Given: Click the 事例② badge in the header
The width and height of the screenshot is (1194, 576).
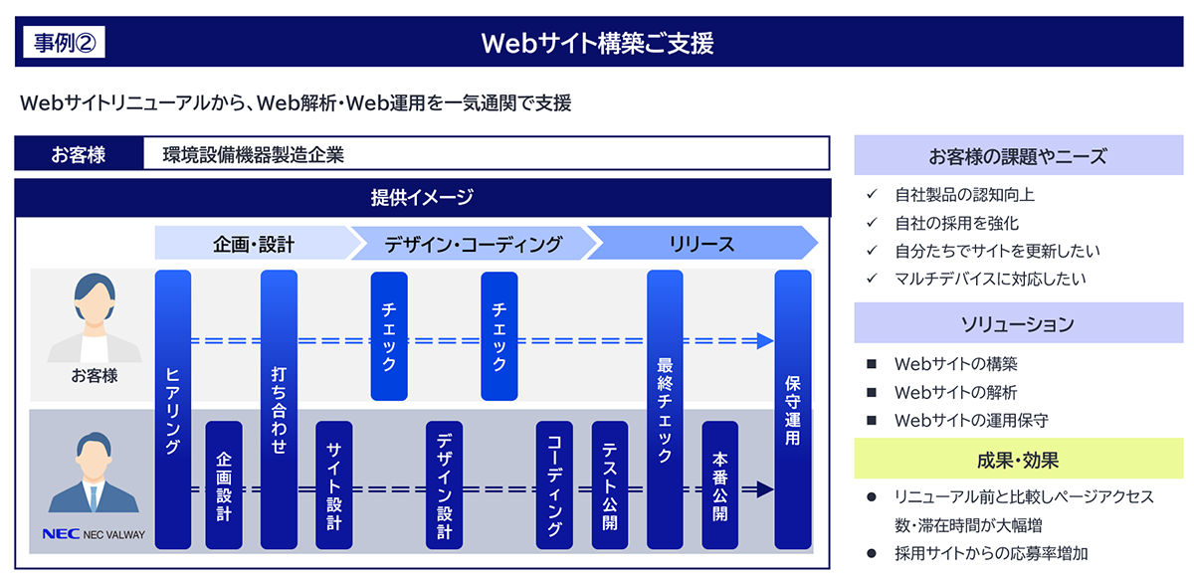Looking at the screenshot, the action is pyautogui.click(x=64, y=42).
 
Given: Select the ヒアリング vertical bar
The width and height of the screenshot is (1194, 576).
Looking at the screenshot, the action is pyautogui.click(x=173, y=409).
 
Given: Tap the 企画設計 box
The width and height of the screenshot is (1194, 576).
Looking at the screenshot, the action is pyautogui.click(x=224, y=484).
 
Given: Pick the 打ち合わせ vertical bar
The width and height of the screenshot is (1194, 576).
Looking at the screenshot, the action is pyautogui.click(x=279, y=409).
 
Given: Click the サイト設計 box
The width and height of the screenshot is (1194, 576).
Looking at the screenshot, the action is pyautogui.click(x=333, y=484).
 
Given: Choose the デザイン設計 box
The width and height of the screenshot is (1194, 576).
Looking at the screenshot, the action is pyautogui.click(x=444, y=484).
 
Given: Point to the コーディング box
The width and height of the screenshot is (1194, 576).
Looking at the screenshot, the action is pyautogui.click(x=554, y=484).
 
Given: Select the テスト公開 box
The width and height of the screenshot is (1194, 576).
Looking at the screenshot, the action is pyautogui.click(x=610, y=484).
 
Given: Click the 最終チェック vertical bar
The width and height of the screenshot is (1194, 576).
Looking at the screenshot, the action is pyautogui.click(x=665, y=409).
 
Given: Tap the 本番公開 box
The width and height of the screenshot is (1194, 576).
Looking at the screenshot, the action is pyautogui.click(x=720, y=484).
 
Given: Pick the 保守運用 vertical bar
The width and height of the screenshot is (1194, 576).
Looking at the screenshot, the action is pyautogui.click(x=793, y=409).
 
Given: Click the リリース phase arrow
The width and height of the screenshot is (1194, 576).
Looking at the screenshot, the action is pyautogui.click(x=702, y=243).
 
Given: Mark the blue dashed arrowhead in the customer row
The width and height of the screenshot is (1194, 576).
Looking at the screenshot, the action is pyautogui.click(x=765, y=341).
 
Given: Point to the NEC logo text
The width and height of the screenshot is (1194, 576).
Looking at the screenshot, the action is pyautogui.click(x=61, y=534).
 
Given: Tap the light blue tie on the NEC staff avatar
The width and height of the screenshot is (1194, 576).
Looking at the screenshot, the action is pyautogui.click(x=94, y=499).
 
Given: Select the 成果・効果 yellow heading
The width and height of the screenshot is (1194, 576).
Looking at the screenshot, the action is pyautogui.click(x=1018, y=460).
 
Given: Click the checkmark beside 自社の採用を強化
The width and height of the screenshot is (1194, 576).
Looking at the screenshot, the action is pyautogui.click(x=872, y=222).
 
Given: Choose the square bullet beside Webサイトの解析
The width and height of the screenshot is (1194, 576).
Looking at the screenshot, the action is pyautogui.click(x=872, y=393).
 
